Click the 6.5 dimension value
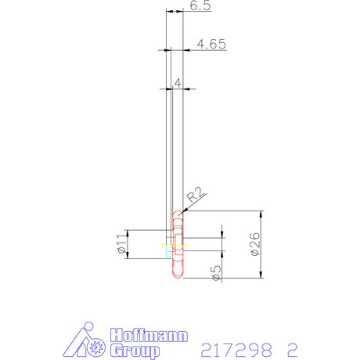(x=200, y=5)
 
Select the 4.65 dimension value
(x=211, y=45)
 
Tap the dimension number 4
(x=178, y=82)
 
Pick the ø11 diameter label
(x=121, y=245)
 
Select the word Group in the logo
(x=135, y=349)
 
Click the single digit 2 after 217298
(x=292, y=347)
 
